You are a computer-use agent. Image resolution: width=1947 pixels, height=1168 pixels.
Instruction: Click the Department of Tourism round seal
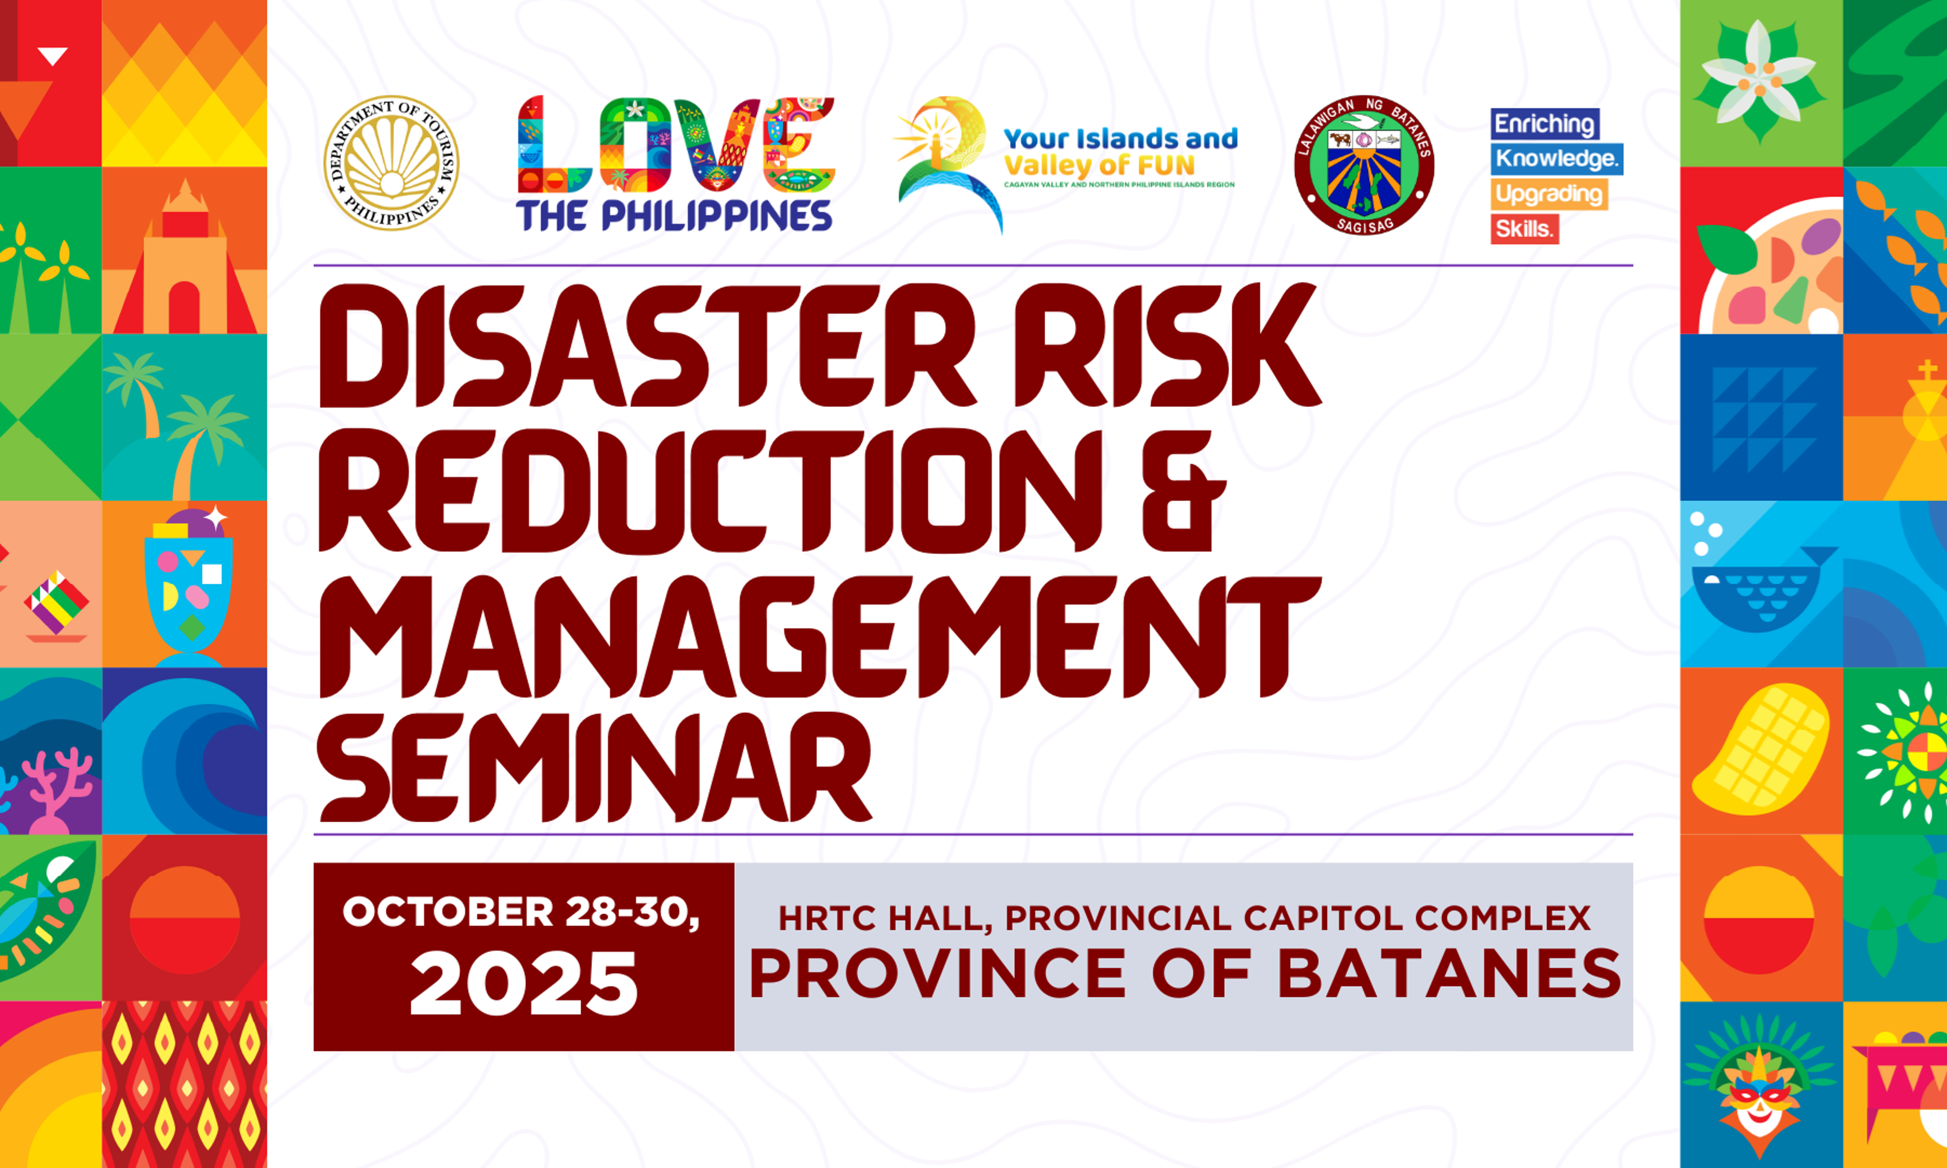391,163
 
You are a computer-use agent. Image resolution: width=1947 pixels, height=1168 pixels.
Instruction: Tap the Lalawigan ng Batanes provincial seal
1364,165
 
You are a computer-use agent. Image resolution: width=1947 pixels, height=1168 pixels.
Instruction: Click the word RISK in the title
1165,346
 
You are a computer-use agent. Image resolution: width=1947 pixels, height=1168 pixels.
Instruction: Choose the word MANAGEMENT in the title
818,638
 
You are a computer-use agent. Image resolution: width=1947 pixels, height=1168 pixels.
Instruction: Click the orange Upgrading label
1548,193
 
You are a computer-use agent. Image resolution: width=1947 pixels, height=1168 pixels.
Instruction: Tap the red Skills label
1523,229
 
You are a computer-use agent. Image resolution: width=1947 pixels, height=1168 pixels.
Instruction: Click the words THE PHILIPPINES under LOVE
674,216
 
